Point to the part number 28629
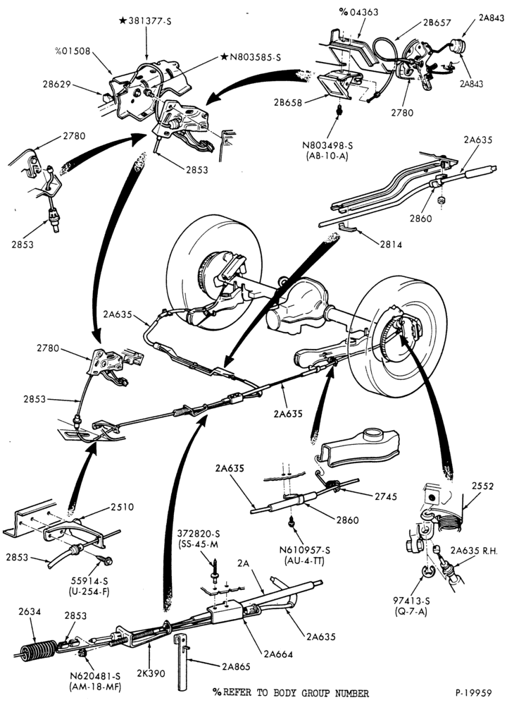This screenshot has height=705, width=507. (58, 84)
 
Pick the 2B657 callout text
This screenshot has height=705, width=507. (437, 23)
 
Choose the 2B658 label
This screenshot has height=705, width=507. (288, 102)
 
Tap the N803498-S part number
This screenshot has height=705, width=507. (327, 145)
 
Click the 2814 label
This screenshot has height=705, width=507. (391, 245)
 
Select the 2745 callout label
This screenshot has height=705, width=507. (386, 496)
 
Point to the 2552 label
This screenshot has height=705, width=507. (482, 486)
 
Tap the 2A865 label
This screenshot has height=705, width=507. (236, 666)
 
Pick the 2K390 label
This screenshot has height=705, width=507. (151, 673)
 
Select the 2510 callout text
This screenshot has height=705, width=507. (122, 507)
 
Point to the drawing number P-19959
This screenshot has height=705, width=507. (473, 692)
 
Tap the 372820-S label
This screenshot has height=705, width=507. (199, 534)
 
